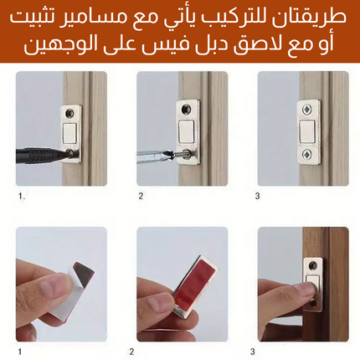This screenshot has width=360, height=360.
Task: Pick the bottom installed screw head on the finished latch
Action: click(x=307, y=154)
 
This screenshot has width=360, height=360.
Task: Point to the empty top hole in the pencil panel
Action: click(x=69, y=113)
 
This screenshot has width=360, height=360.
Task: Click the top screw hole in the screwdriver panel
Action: click(x=186, y=109)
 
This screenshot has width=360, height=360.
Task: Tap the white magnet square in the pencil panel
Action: click(x=70, y=133)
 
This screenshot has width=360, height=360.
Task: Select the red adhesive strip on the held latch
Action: click(x=195, y=282)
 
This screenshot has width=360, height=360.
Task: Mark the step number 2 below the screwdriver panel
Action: click(x=141, y=196)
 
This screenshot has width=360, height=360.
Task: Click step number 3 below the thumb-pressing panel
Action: click(x=253, y=352)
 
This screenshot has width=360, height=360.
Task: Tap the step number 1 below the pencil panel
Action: click(x=21, y=196)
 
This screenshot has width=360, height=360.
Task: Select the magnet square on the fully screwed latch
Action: click(x=307, y=131)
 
